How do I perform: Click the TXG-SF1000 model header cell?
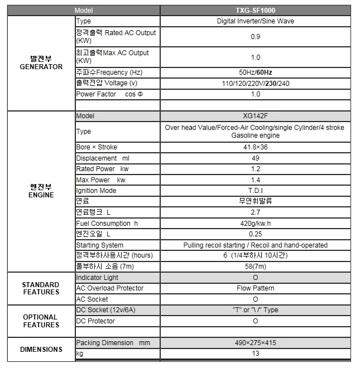coord(255,10)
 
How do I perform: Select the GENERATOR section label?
coord(41,62)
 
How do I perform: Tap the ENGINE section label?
coord(41,191)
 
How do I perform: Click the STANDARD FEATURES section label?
coord(41,288)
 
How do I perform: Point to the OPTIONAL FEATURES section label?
coord(41,321)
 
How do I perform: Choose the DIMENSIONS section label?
coord(41,349)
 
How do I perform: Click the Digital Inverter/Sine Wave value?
coord(255,21)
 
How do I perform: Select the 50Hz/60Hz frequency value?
coord(255,72)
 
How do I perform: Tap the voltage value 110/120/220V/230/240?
coord(255,84)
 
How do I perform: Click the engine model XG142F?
coord(255,116)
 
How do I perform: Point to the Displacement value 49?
coord(255,158)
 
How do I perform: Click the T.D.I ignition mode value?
coord(255,191)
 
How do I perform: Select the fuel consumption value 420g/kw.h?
coord(255,224)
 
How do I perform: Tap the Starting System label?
coord(100,245)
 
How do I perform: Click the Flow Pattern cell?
coord(255,288)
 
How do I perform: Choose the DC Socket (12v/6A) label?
coord(107,310)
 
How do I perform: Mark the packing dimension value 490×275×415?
coord(255,343)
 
